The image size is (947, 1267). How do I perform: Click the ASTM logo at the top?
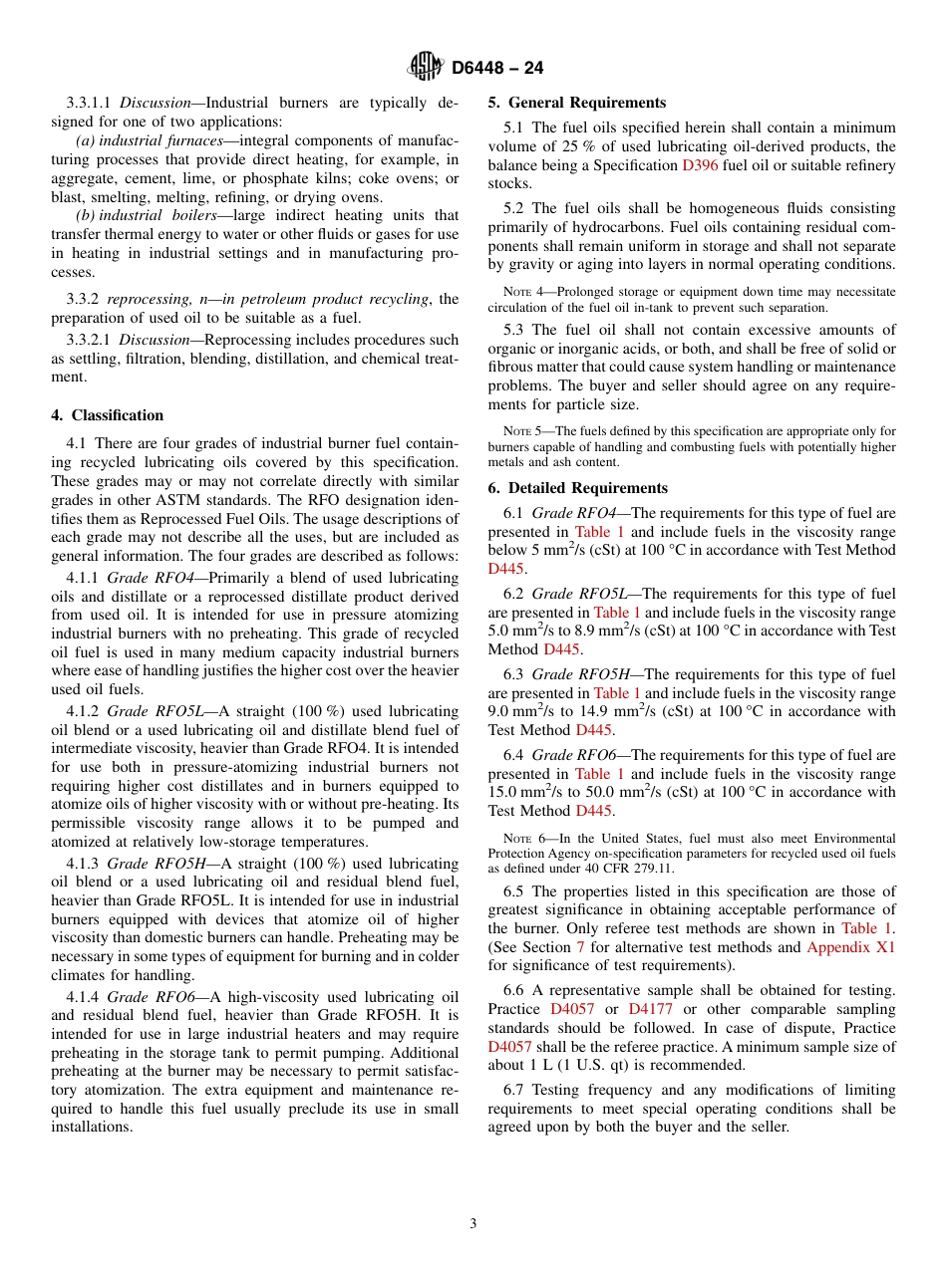click(x=426, y=68)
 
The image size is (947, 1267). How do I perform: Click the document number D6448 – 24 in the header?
click(x=497, y=69)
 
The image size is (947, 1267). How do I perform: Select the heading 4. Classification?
click(x=108, y=415)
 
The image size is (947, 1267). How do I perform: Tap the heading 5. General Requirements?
click(x=576, y=103)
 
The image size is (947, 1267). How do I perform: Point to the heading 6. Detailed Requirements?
click(x=578, y=488)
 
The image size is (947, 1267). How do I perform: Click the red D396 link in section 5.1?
click(x=700, y=165)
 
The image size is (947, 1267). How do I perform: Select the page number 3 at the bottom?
click(x=473, y=1224)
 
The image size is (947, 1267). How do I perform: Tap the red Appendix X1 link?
click(x=850, y=947)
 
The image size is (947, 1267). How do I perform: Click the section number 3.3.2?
click(x=83, y=299)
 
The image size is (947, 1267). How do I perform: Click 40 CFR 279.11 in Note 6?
click(x=637, y=869)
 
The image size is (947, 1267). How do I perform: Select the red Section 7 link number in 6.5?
click(x=581, y=947)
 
